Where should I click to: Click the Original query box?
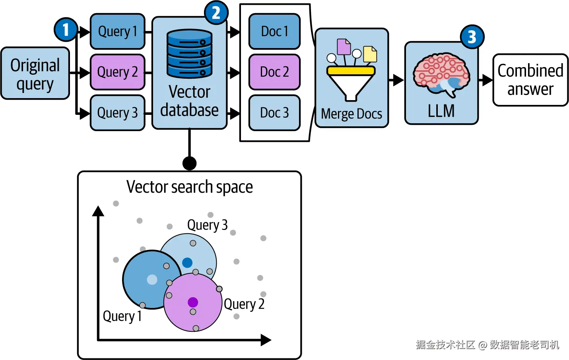coord(35,73)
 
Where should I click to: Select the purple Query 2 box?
coord(118,72)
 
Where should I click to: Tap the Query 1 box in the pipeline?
coord(118,31)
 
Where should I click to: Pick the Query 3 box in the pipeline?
coord(118,113)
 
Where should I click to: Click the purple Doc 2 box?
coord(275,72)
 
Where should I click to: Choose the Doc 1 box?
coord(275,31)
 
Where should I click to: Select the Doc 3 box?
coord(275,113)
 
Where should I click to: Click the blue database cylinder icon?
coord(190,54)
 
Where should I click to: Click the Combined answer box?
coord(530,80)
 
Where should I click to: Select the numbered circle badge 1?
coord(66,30)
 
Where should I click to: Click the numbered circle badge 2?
coord(216,13)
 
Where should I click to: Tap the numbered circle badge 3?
coord(472,37)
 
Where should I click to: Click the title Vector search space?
coord(190,187)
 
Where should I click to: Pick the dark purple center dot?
coord(193,302)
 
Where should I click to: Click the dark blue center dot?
coord(187,263)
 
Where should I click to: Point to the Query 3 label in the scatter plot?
coord(207,225)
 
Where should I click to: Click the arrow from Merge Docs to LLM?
coord(396,80)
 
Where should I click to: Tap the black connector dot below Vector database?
coord(190,163)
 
